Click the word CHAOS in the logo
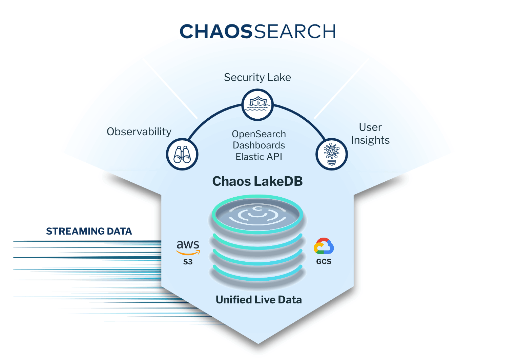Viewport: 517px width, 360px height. [x=216, y=32]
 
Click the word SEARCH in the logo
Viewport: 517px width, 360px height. [x=295, y=32]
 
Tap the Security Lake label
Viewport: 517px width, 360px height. [x=257, y=77]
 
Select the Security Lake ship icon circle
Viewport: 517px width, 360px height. [x=257, y=105]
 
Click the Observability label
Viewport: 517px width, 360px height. [x=139, y=132]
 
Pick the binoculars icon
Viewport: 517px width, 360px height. [x=182, y=154]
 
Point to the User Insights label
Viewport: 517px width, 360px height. [x=370, y=134]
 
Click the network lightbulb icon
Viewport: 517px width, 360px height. [x=331, y=154]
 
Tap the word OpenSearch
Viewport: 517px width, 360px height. [x=259, y=134]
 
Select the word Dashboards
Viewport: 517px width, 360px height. [x=259, y=145]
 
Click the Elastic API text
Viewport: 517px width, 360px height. [x=259, y=157]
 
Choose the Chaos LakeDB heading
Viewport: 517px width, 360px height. [x=257, y=181]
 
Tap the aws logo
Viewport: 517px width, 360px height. [x=188, y=247]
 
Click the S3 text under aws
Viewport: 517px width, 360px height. [x=188, y=262]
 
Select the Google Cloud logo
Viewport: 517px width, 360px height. [x=324, y=246]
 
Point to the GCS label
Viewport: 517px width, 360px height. [x=324, y=261]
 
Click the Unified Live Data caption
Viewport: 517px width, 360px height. [x=259, y=300]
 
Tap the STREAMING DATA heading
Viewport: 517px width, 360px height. [x=89, y=231]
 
